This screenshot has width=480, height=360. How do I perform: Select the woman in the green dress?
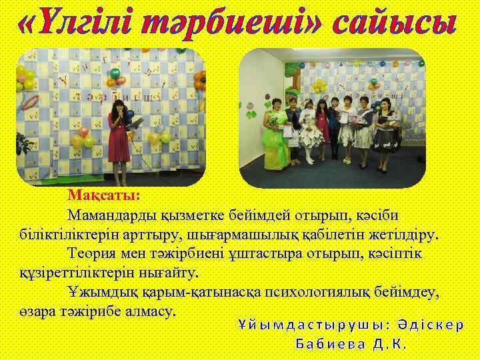(x=274, y=140)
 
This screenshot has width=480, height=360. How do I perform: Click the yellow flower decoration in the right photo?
(x=319, y=87)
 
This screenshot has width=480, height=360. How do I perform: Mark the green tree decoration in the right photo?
(x=292, y=67)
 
